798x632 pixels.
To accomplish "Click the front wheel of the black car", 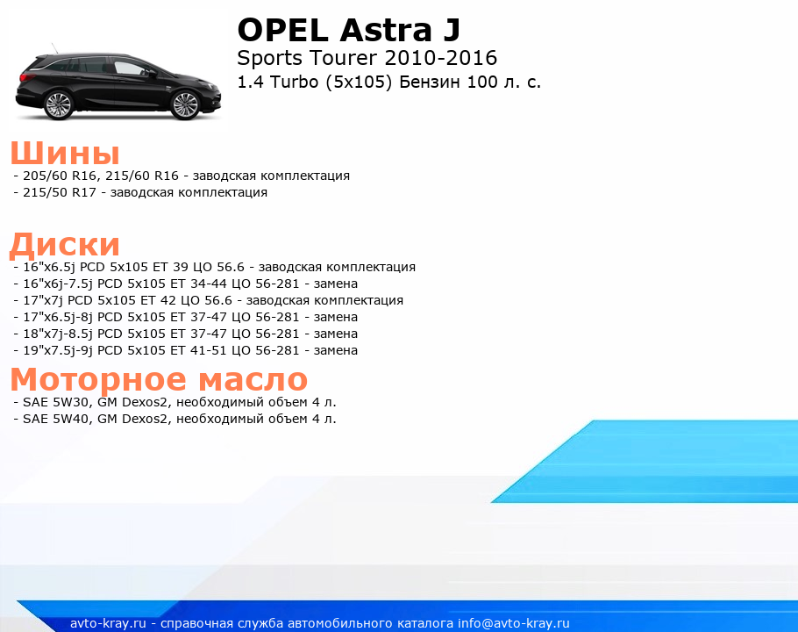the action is pyautogui.click(x=185, y=105).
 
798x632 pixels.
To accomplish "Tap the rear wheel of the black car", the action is pyautogui.click(x=58, y=105).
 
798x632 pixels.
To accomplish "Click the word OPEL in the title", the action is pyautogui.click(x=282, y=30).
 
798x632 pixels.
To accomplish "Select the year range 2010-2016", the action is pyautogui.click(x=441, y=58).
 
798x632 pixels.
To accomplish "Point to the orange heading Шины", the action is pyautogui.click(x=65, y=153).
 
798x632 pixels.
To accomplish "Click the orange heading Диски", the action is pyautogui.click(x=65, y=244).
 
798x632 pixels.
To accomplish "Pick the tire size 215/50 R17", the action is pyautogui.click(x=60, y=192).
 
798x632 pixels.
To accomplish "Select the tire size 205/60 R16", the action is pyautogui.click(x=60, y=176).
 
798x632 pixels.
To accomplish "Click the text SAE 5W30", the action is pyautogui.click(x=55, y=402).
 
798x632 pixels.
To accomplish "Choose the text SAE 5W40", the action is pyautogui.click(x=55, y=419).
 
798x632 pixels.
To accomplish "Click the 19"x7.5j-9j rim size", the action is pyautogui.click(x=58, y=350).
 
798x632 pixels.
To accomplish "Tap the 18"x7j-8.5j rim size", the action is pyautogui.click(x=58, y=334).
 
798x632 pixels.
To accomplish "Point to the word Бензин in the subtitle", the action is pyautogui.click(x=430, y=82).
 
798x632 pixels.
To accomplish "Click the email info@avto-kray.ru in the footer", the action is pyautogui.click(x=514, y=623).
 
